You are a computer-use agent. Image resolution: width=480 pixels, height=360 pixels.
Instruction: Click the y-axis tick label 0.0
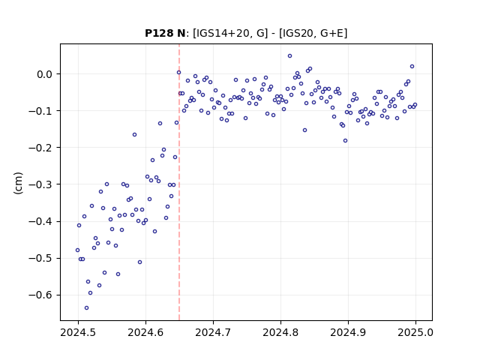[x=45, y=74]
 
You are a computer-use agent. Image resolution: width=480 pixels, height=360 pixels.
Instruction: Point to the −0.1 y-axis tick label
[x=40, y=111]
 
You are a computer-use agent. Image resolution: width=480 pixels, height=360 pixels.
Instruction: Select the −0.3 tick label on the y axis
[x=40, y=184]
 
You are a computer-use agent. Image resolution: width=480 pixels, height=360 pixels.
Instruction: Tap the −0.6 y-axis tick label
[x=40, y=295]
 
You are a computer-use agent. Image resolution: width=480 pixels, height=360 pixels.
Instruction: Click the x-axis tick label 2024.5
[x=78, y=332]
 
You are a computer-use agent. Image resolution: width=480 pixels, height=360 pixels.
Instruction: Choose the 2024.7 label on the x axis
[x=213, y=332]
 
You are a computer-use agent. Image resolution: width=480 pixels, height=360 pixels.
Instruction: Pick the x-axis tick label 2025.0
[x=415, y=332]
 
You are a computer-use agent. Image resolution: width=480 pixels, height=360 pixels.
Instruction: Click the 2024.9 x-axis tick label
[x=348, y=332]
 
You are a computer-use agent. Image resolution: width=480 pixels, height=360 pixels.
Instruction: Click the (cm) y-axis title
[x=18, y=183]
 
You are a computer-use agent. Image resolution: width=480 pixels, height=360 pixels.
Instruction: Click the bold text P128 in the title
[x=160, y=33]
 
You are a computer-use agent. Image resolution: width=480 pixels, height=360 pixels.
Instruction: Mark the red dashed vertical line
[x=179, y=182]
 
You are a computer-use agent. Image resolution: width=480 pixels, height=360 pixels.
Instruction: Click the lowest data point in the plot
[x=87, y=308]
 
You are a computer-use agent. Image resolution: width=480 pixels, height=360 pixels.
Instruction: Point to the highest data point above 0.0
[x=289, y=56]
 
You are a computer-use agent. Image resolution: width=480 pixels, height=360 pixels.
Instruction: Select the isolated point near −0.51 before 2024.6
[x=139, y=262]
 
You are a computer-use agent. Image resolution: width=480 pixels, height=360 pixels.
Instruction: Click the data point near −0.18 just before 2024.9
[x=345, y=141]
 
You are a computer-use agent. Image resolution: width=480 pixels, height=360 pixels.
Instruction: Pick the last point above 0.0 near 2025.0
[x=412, y=67]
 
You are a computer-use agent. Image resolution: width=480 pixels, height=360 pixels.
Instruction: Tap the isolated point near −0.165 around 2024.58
[x=134, y=135]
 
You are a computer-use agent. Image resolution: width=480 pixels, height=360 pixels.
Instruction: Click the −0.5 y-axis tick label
[x=40, y=258]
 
